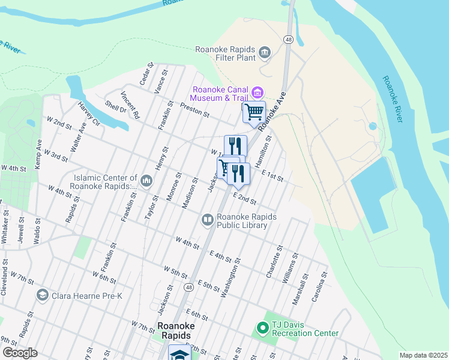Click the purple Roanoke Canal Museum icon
[258, 92]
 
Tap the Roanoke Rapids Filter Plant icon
[265, 54]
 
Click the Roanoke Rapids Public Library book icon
[207, 220]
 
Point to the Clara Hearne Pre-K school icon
[42, 295]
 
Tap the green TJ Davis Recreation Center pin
[262, 328]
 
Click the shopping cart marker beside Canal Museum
[254, 111]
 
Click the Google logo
[20, 353]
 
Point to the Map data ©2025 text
[423, 355]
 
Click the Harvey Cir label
[88, 114]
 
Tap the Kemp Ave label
[38, 154]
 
